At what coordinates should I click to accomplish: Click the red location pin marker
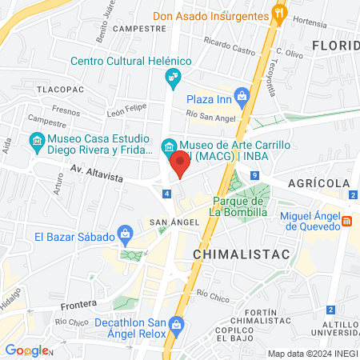click(x=180, y=164)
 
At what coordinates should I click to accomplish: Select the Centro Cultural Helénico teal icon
click(x=172, y=78)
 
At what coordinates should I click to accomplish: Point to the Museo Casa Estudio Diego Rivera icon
click(x=36, y=144)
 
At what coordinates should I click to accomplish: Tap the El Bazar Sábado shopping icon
click(x=125, y=235)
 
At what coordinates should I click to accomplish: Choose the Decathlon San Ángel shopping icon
click(x=178, y=326)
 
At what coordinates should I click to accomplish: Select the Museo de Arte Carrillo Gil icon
click(x=169, y=146)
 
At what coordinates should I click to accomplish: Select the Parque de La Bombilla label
click(x=241, y=206)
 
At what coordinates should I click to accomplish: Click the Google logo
click(x=26, y=350)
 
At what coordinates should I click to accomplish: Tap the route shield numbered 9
click(x=254, y=175)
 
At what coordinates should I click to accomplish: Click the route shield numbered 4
click(x=166, y=194)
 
